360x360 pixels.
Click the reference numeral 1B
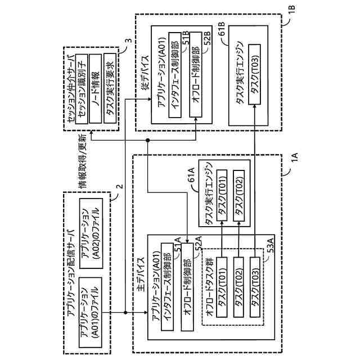(292, 25)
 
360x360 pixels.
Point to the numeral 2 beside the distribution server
(119, 187)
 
